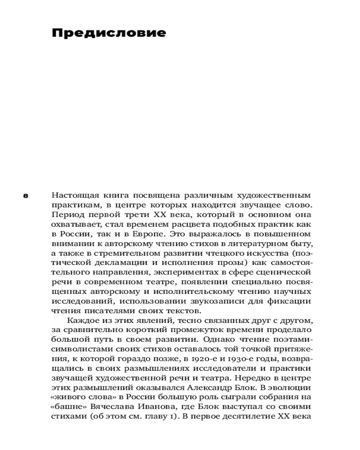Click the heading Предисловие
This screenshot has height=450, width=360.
point(109,33)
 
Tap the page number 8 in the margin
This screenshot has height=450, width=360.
point(26,196)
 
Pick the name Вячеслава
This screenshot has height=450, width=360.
point(113,407)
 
